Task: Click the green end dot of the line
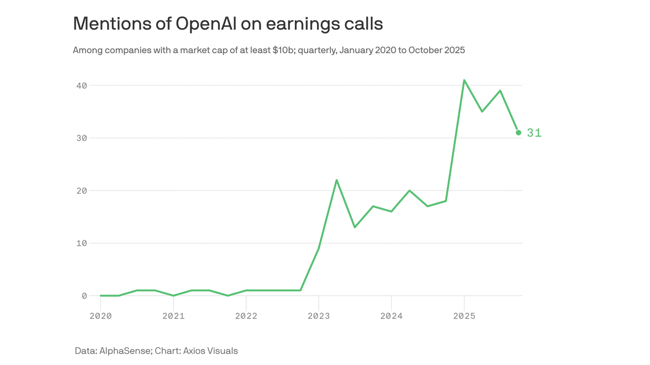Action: tap(518, 133)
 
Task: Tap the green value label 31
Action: tap(534, 133)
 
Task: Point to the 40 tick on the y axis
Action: tap(81, 86)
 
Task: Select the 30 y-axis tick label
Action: tap(81, 138)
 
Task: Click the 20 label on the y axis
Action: tap(81, 191)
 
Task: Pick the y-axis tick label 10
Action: tap(81, 243)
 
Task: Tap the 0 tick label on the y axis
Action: tap(84, 296)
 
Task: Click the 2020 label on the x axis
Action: tap(100, 316)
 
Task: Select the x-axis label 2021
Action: tap(173, 316)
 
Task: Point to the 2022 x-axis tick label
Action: tap(246, 316)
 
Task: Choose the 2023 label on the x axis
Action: tap(318, 316)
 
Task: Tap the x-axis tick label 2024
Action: tap(391, 316)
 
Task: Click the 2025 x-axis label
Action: tap(464, 316)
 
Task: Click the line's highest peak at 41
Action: tap(464, 80)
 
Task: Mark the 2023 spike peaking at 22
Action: tap(336, 180)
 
